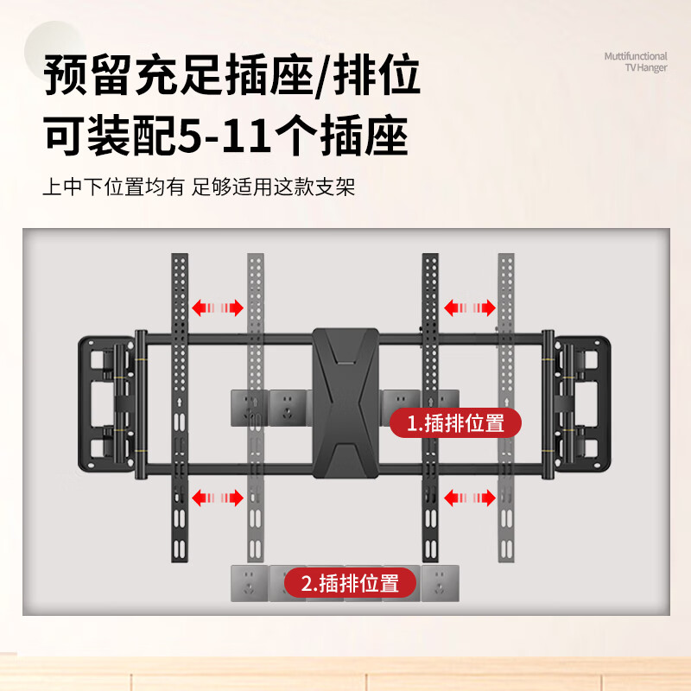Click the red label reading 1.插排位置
pyautogui.click(x=455, y=423)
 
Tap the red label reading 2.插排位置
pyautogui.click(x=351, y=583)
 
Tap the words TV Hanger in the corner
pyautogui.click(x=645, y=68)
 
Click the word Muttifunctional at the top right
pyautogui.click(x=635, y=56)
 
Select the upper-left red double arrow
pyautogui.click(x=217, y=307)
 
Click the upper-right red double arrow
pyautogui.click(x=469, y=307)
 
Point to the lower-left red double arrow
pyautogui.click(x=217, y=498)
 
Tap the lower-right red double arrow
pyautogui.click(x=469, y=498)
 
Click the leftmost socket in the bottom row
pyautogui.click(x=249, y=583)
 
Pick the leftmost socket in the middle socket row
pyautogui.click(x=249, y=406)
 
